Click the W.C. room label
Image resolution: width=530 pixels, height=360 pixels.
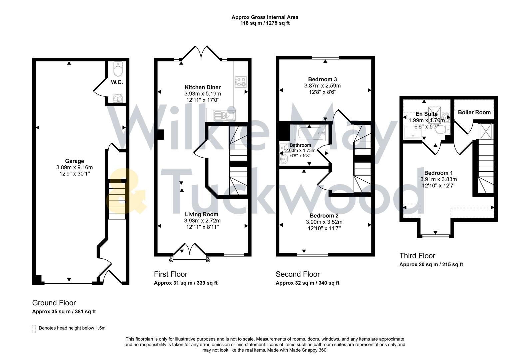coord(117,82)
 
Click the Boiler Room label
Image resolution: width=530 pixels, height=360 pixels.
coord(474,112)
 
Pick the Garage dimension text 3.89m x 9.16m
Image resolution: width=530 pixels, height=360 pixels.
coord(75,167)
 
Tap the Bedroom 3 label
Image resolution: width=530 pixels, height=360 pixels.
coord(322,79)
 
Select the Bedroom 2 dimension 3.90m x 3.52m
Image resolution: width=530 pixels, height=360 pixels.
coord(324,222)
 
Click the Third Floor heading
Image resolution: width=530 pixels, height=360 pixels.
coord(417,256)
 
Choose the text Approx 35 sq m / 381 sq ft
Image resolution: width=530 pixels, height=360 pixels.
coord(64,312)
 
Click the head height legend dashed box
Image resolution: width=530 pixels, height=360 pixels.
coord(34,329)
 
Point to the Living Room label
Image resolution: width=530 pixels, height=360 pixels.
coord(202,214)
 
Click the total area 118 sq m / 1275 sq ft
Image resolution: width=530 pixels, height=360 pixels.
coord(265,23)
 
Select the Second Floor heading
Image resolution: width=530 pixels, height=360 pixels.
coord(298,274)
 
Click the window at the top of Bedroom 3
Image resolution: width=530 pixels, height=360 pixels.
coord(325,58)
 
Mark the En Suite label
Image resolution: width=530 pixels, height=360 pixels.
coord(426,114)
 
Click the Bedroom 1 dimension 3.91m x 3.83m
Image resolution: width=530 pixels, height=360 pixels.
coord(438,179)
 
